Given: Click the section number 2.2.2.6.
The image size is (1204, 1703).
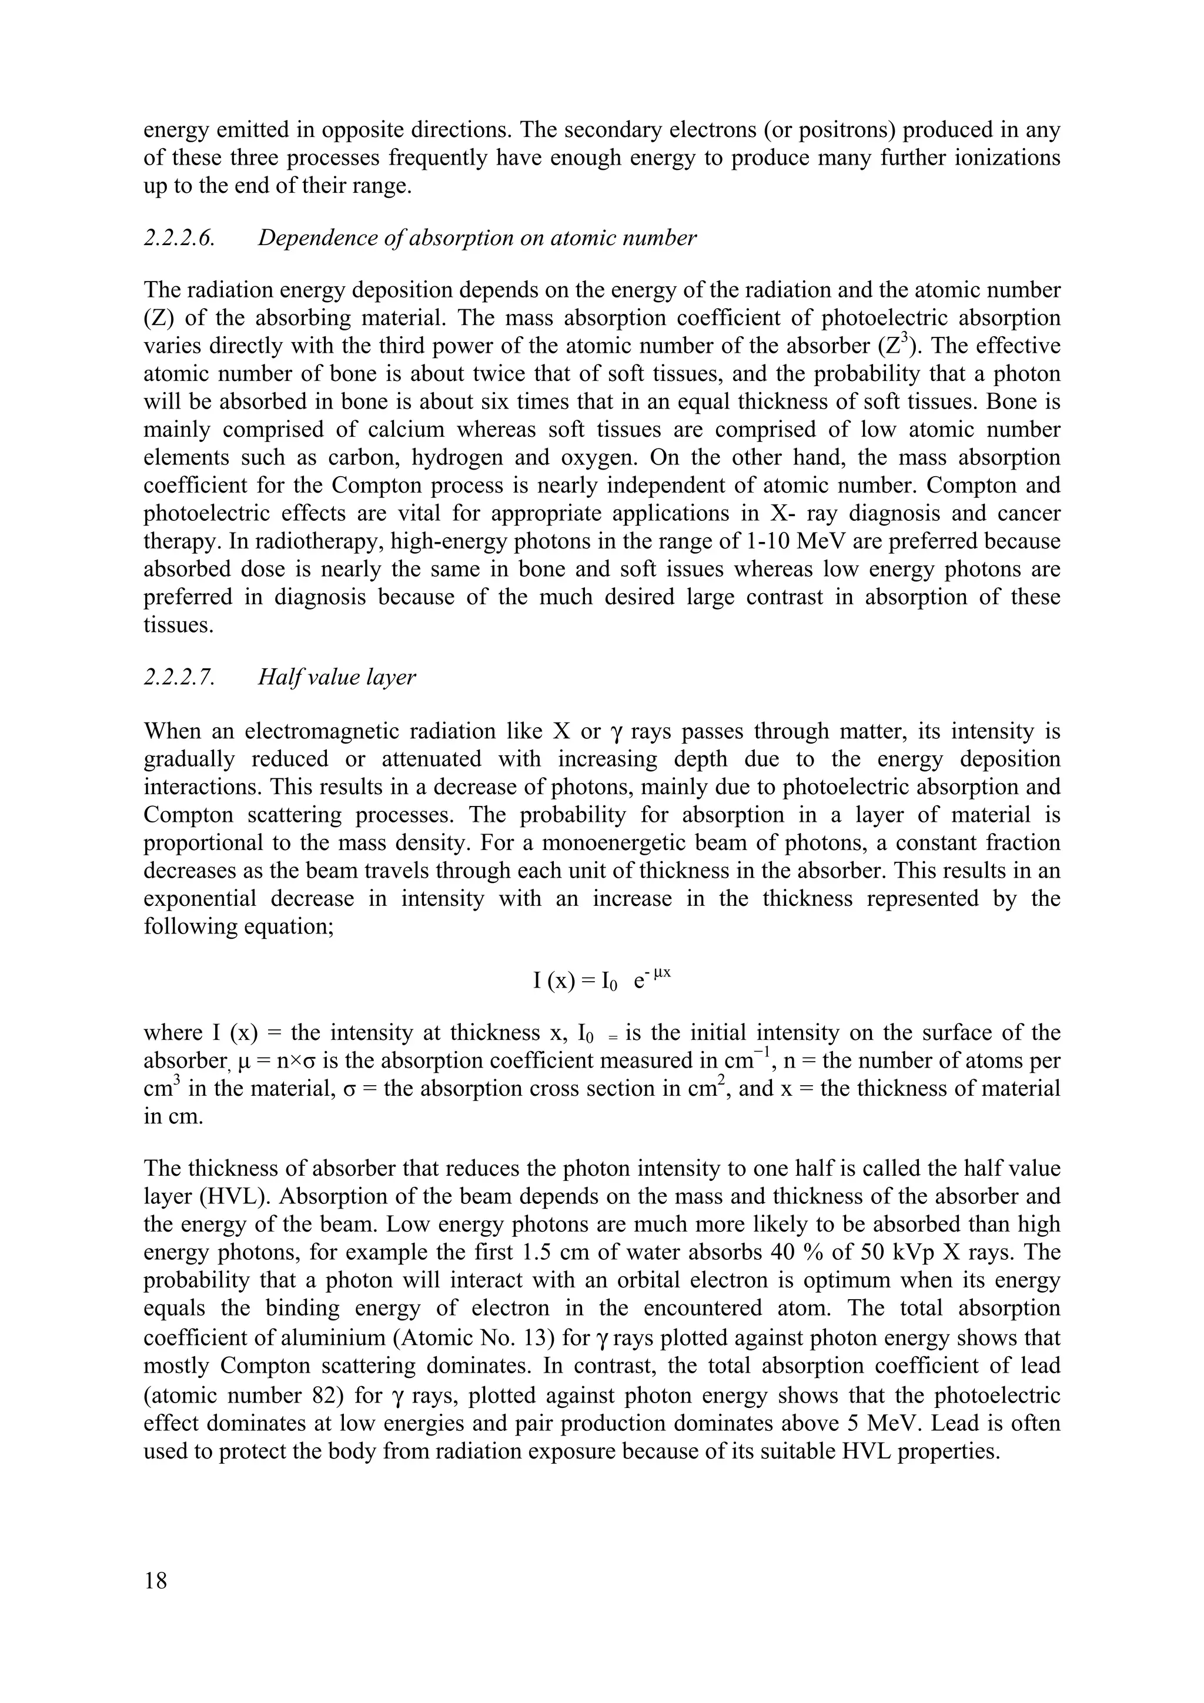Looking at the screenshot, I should pos(179,238).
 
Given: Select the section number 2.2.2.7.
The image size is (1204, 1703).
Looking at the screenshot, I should pos(179,677).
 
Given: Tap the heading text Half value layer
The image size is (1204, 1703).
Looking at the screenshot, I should pos(337,677).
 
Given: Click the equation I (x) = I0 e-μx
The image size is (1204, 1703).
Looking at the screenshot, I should pos(601,981).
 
